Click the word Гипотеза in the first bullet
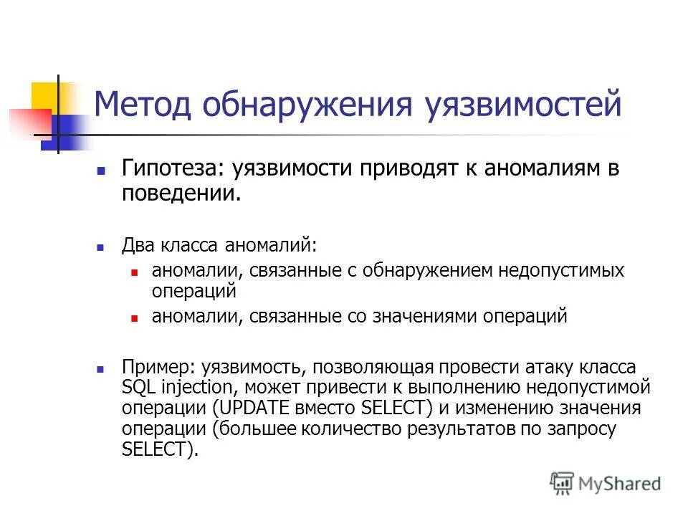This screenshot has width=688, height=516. click(170, 169)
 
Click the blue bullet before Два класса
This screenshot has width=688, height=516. click(101, 247)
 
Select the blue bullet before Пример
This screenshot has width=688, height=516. click(101, 369)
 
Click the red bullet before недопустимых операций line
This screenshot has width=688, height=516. click(134, 273)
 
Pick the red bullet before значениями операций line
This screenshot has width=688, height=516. click(134, 318)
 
